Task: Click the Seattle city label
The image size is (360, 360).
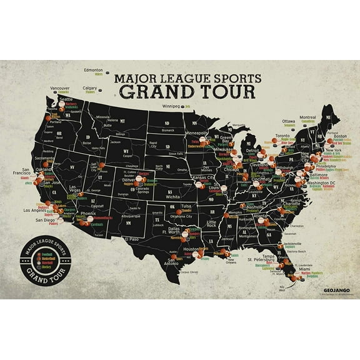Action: point(66,99)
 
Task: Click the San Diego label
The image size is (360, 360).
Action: point(45,220)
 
